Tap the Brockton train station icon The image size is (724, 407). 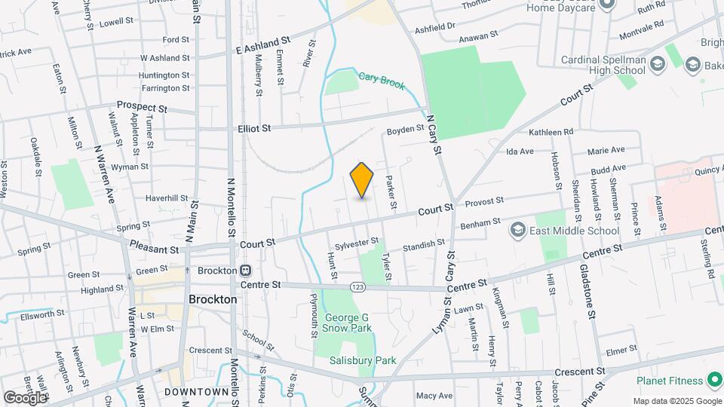click(245, 271)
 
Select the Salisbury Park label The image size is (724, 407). click(363, 360)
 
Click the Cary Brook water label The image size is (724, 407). click(382, 77)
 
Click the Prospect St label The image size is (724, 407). click(140, 108)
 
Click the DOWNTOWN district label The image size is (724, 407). click(198, 392)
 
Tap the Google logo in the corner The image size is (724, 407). click(25, 397)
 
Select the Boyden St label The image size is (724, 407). click(406, 130)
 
